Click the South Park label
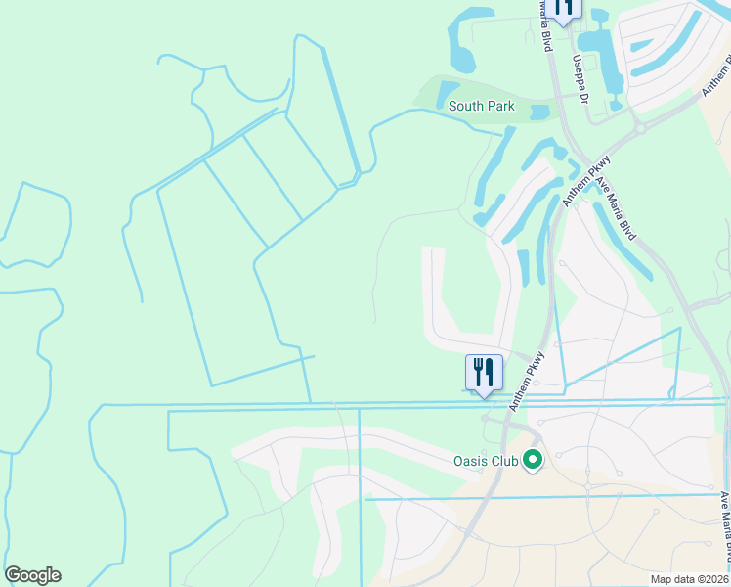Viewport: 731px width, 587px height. point(481,106)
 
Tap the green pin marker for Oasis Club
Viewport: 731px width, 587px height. point(533,458)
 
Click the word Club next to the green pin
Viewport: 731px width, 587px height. point(504,459)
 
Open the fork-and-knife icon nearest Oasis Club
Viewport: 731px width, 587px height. point(483,373)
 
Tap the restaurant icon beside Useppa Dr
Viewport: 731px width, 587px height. point(563,9)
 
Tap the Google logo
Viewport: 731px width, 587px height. point(32,575)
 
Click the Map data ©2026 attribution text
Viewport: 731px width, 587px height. point(688,579)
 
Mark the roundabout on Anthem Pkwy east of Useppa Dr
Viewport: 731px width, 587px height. point(640,127)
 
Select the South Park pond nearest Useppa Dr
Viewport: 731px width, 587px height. point(539,112)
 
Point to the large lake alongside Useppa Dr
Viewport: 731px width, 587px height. point(604,59)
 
